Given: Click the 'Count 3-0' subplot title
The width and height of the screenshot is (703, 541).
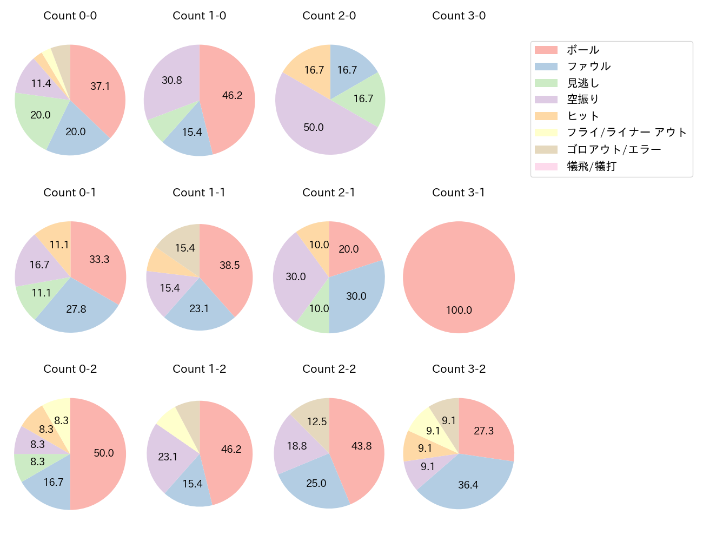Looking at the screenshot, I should coord(459,16).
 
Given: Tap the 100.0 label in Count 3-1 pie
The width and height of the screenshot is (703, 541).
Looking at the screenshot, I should coord(459,310).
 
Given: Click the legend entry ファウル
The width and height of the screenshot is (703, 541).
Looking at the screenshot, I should coord(588,66).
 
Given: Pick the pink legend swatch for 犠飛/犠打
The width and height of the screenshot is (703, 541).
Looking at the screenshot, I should coord(546,166).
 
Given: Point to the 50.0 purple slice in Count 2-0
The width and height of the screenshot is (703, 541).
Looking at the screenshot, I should coord(314,127).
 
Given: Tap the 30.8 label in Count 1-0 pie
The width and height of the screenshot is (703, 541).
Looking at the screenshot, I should coord(172,80).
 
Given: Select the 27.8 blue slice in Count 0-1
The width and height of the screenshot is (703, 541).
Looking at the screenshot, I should coord(76,309).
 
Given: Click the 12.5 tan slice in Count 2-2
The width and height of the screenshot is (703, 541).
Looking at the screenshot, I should coord(317,421).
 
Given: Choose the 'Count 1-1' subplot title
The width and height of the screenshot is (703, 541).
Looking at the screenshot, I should coord(199,193).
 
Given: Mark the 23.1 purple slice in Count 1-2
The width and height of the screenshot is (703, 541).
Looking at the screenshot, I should coord(168,457).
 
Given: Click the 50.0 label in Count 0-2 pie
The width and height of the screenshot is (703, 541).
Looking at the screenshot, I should coord(103,453).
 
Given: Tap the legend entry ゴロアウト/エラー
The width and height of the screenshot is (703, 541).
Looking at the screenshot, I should coord(613,149).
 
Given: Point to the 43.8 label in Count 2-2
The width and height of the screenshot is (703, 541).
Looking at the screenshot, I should coord(361,446).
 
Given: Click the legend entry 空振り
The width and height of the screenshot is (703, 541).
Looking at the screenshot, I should coord(582,100).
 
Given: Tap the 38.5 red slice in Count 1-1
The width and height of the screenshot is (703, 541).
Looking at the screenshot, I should coord(229,265).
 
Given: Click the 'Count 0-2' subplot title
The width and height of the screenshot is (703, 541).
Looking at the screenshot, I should coord(70,369).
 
